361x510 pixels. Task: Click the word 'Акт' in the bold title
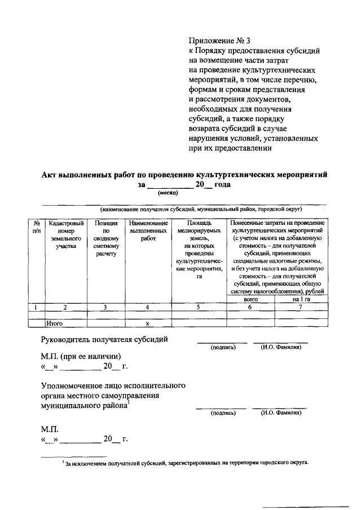click(x=52, y=175)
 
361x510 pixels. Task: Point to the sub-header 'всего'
click(x=250, y=300)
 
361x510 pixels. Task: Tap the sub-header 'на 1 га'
click(x=301, y=300)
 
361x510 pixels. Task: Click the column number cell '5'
click(x=198, y=308)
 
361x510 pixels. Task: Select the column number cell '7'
click(x=301, y=308)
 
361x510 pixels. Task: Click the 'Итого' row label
click(x=55, y=324)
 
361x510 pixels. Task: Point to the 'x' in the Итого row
click(x=147, y=324)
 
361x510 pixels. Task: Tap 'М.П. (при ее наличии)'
click(x=81, y=356)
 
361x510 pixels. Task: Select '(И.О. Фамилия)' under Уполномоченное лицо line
click(x=280, y=413)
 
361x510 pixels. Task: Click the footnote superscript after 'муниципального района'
click(x=129, y=402)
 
